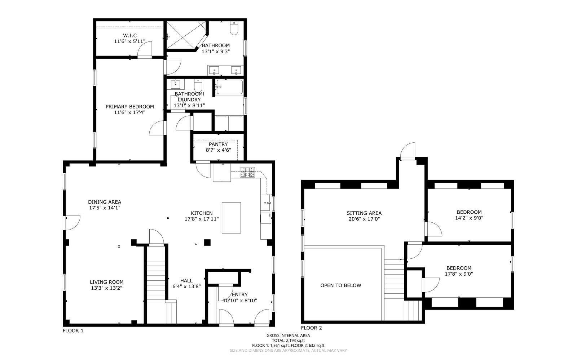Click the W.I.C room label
[130, 36]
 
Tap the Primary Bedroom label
[130, 107]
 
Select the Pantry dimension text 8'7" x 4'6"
[219, 150]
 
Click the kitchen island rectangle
[231, 218]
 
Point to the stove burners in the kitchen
[247, 172]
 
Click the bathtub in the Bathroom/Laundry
[229, 87]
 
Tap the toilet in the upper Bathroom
[234, 28]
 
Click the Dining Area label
[105, 202]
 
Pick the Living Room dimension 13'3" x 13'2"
[107, 288]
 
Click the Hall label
[186, 280]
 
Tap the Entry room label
[240, 295]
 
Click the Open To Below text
[341, 285]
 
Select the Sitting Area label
[364, 213]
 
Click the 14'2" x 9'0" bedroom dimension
[469, 218]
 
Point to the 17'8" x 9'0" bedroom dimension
[459, 274]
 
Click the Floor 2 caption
[312, 328]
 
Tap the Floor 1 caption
[73, 331]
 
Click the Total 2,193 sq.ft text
[288, 341]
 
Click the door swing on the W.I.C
[145, 49]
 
